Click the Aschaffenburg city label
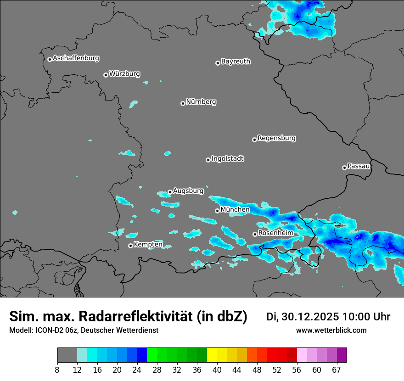pyautogui.click(x=76, y=58)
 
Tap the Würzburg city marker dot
pyautogui.click(x=106, y=75)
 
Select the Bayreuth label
pyautogui.click(x=236, y=61)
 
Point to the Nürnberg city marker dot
pyautogui.click(x=183, y=103)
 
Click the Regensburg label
pyautogui.click(x=276, y=138)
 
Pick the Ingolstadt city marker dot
pyautogui.click(x=208, y=160)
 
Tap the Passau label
pyautogui.click(x=359, y=166)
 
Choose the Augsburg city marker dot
pyautogui.click(x=170, y=192)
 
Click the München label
pyautogui.click(x=235, y=209)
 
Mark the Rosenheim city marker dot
pyautogui.click(x=255, y=234)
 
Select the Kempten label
pyautogui.click(x=148, y=244)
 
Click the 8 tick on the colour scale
pyautogui.click(x=57, y=370)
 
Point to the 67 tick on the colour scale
pyautogui.click(x=337, y=370)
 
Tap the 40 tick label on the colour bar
pyautogui.click(x=217, y=370)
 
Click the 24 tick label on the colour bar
pyautogui.click(x=137, y=370)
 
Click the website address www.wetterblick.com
pyautogui.click(x=331, y=330)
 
